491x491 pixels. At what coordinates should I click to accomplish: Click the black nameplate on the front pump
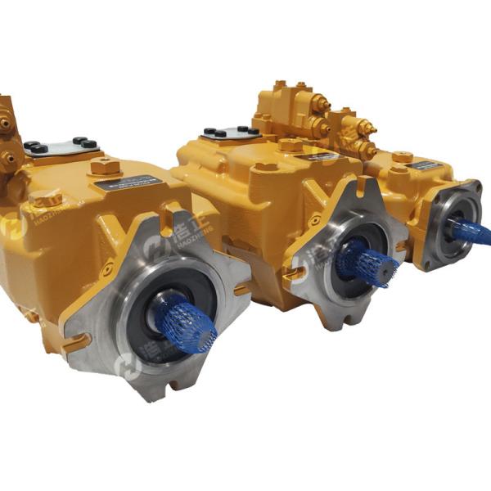(122, 184)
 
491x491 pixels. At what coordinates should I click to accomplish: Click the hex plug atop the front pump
(105, 167)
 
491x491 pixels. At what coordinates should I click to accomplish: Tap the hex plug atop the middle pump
(291, 145)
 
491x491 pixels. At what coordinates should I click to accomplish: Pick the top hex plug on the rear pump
(402, 155)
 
